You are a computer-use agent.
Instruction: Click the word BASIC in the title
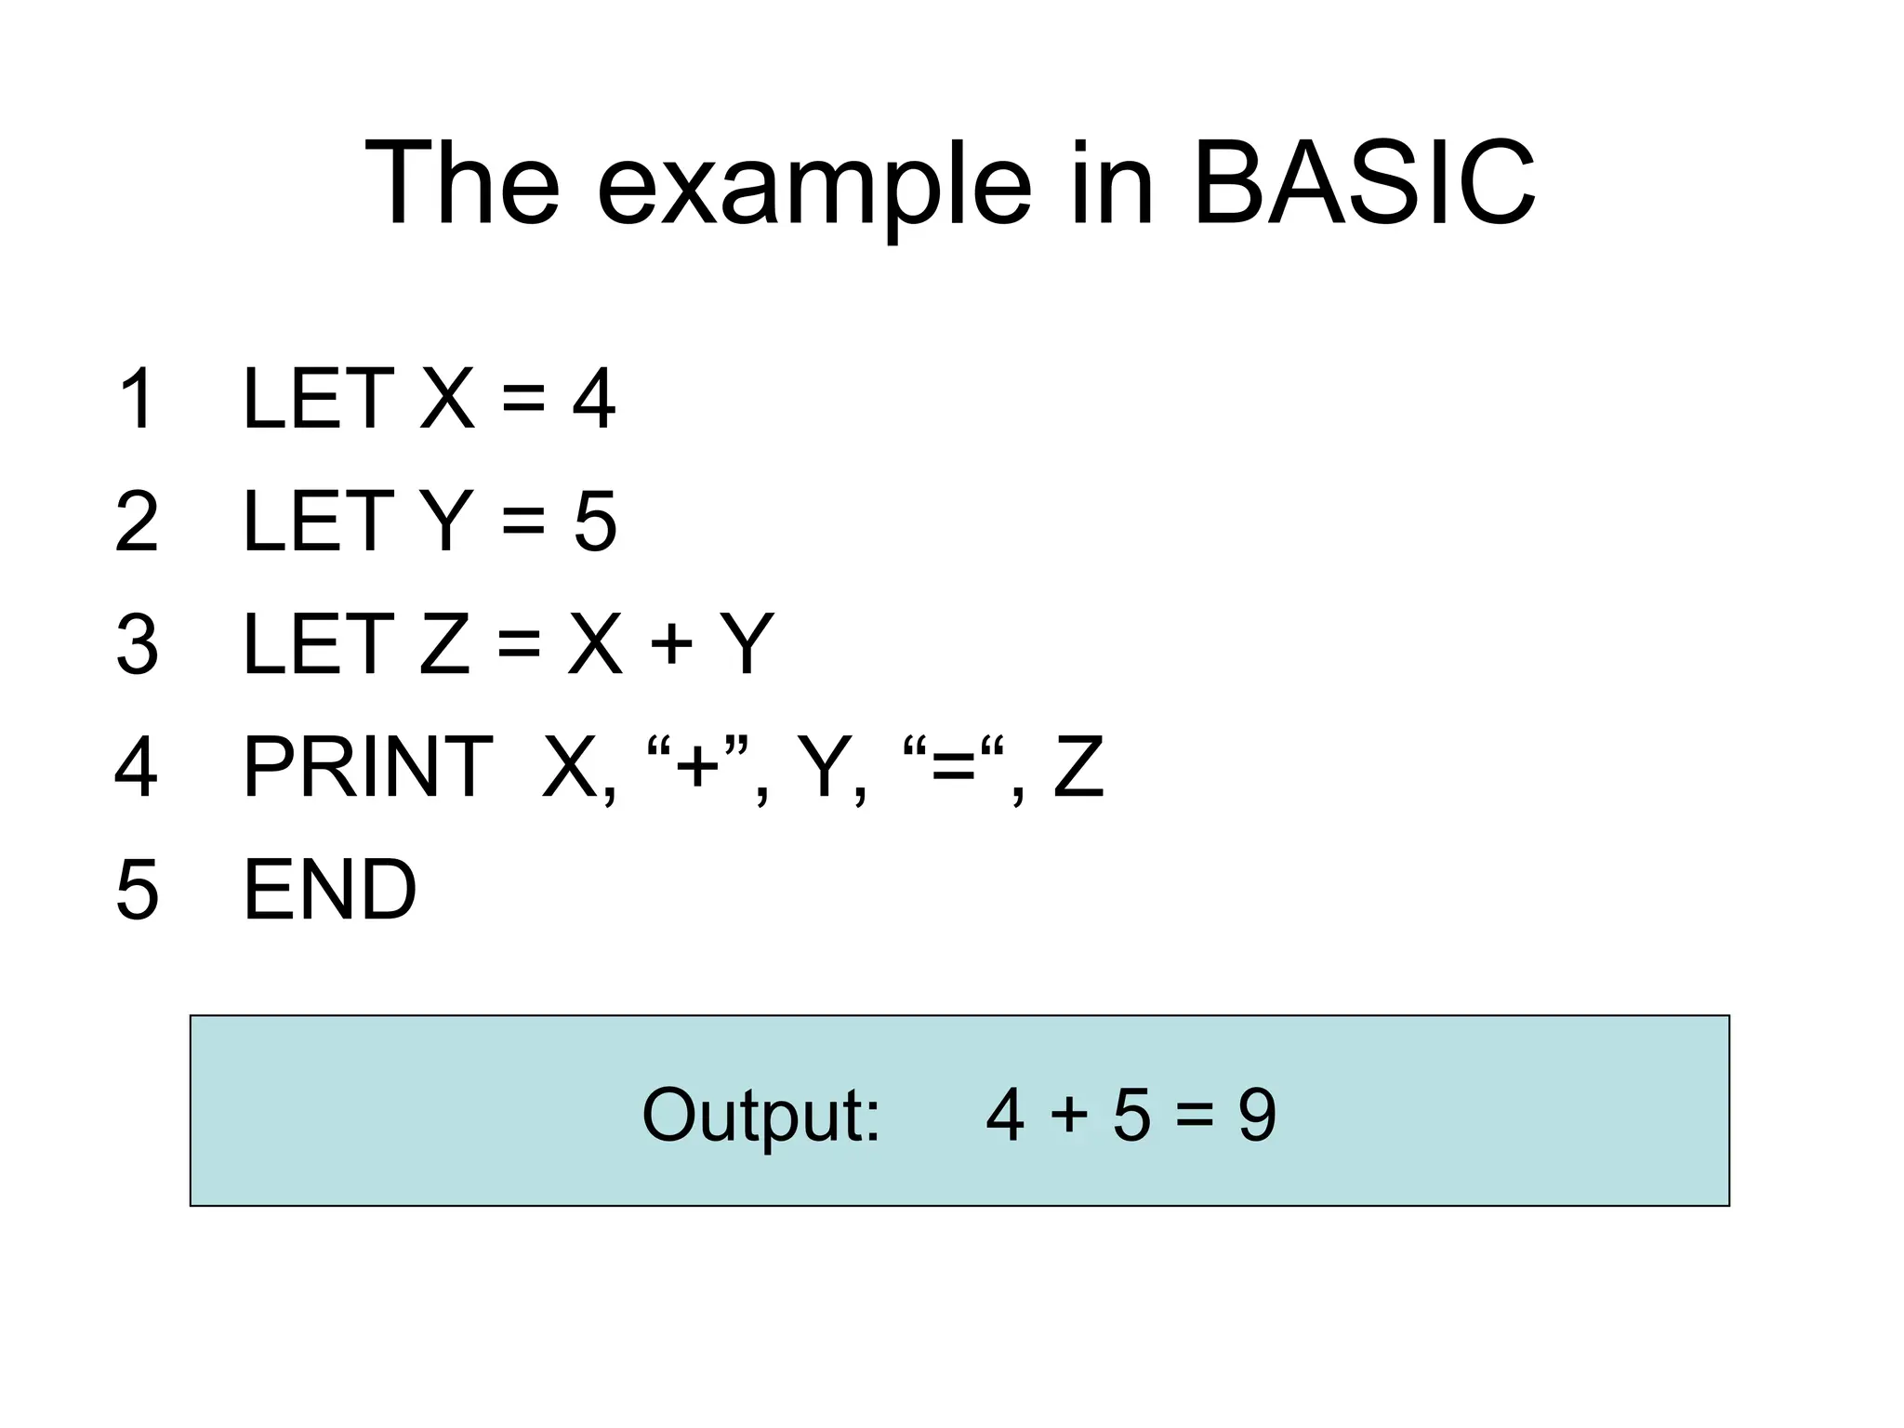[1363, 183]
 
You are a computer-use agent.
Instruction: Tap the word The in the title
[462, 183]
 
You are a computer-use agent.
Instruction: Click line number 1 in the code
[137, 399]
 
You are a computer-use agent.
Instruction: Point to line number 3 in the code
[137, 644]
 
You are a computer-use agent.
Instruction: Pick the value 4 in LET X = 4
[593, 399]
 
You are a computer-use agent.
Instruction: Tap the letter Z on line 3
[444, 644]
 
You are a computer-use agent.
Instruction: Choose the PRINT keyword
[367, 767]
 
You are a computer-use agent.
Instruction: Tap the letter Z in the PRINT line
[1078, 767]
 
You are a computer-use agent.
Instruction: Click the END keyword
[329, 890]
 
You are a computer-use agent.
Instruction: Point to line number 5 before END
[137, 890]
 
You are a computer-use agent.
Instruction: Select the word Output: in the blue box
[760, 1115]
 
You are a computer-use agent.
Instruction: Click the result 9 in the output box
[1257, 1115]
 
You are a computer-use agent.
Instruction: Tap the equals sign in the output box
[1194, 1115]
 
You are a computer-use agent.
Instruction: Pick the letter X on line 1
[447, 399]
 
